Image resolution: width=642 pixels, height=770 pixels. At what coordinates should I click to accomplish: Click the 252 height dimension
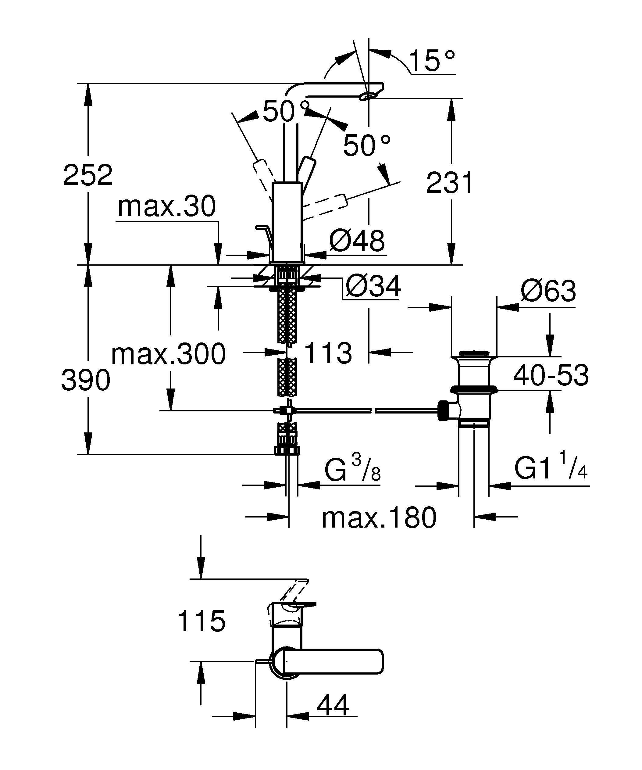click(x=87, y=175)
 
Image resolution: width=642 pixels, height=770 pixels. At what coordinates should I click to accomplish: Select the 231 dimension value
click(x=450, y=182)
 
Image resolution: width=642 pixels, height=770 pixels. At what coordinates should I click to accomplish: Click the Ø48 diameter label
click(x=357, y=241)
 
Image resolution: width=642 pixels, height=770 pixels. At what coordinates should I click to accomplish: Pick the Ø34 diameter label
click(x=373, y=286)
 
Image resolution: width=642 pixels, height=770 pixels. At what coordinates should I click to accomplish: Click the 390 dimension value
click(x=86, y=380)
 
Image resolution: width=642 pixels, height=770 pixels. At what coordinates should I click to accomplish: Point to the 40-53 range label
click(x=551, y=375)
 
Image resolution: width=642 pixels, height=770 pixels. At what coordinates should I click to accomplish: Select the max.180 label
click(x=379, y=518)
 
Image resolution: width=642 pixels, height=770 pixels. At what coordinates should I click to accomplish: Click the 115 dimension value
click(x=201, y=621)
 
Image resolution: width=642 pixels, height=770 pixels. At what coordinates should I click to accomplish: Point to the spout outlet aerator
click(x=368, y=96)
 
